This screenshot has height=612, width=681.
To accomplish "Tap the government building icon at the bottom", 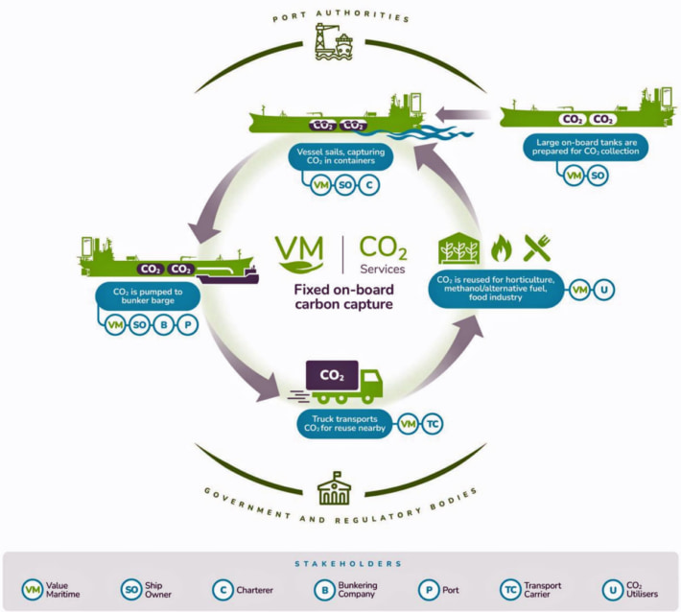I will [x=334, y=487].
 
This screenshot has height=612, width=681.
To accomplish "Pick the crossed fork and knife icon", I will [x=535, y=248].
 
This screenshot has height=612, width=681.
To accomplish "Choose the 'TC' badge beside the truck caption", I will [x=434, y=423].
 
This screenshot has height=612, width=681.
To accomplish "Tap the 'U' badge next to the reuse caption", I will [x=605, y=288].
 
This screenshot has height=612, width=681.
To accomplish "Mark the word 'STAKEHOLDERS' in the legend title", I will [x=341, y=563].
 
